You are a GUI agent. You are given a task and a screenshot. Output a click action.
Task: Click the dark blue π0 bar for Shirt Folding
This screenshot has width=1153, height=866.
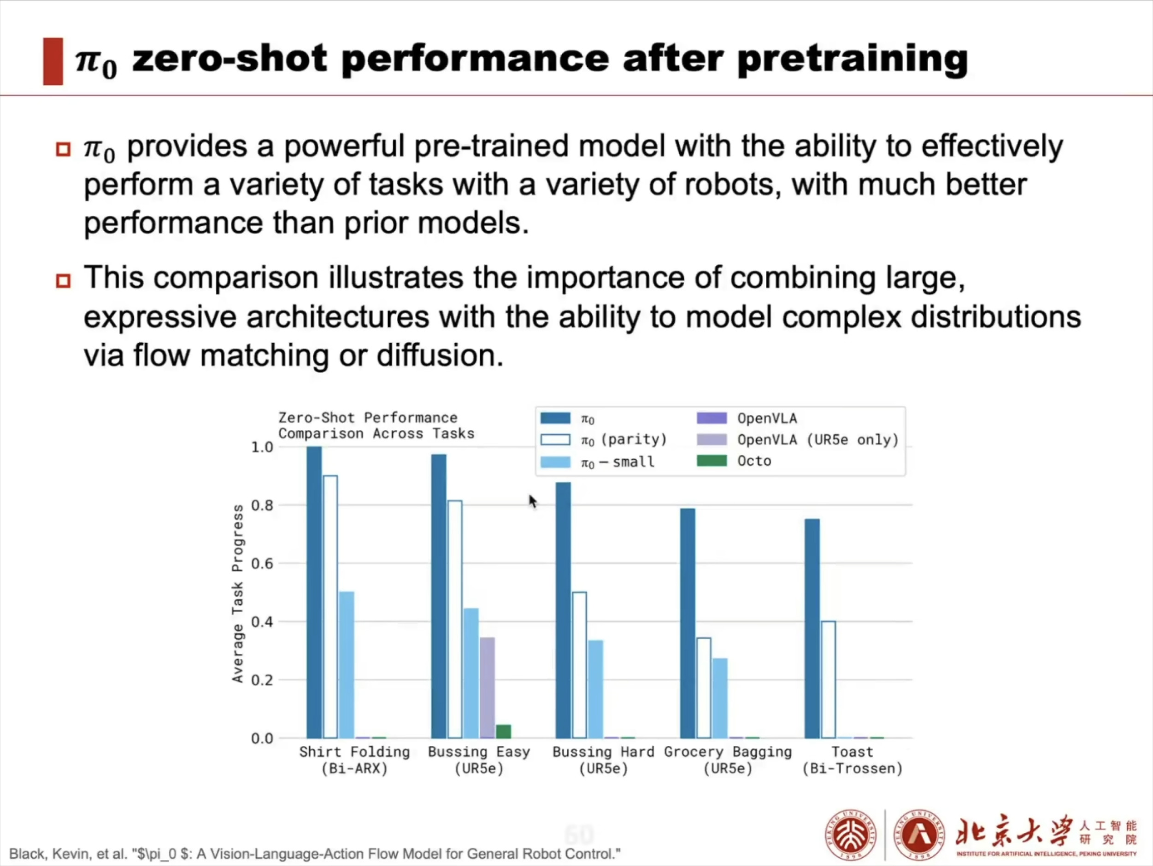(314, 591)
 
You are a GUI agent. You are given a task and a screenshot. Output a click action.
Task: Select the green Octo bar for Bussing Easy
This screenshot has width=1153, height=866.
(503, 731)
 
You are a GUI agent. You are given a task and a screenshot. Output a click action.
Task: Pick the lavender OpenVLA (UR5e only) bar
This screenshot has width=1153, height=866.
(487, 687)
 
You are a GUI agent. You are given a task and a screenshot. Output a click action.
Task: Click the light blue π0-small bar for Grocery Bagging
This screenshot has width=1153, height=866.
(720, 698)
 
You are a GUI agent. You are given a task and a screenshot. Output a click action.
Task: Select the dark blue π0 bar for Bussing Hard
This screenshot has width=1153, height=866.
(563, 609)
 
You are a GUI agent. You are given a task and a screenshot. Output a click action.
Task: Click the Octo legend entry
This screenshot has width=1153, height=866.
(735, 461)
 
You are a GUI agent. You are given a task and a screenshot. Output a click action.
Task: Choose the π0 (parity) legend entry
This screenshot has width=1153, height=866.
(604, 440)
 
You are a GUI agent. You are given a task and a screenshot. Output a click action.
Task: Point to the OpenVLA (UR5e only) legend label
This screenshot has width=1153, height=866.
(818, 440)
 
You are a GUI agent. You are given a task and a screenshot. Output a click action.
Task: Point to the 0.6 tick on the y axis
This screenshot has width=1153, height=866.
(262, 563)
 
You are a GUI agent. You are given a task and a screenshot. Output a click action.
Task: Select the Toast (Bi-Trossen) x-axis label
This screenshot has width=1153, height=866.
(852, 760)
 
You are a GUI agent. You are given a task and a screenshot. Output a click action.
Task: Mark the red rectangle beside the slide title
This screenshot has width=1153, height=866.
(53, 61)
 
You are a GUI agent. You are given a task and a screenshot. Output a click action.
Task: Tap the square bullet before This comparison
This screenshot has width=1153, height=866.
(63, 281)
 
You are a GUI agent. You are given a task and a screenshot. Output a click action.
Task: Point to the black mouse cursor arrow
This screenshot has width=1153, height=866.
(532, 501)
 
